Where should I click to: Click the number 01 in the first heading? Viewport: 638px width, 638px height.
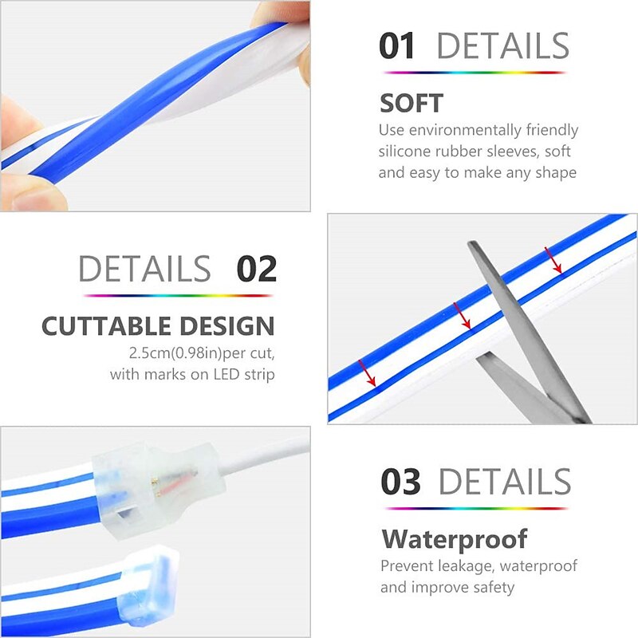(x=396, y=46)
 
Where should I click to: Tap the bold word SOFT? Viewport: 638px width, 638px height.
(x=411, y=104)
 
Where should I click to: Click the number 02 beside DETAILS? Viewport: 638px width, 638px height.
(x=256, y=269)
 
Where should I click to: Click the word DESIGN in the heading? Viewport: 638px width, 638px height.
(x=227, y=326)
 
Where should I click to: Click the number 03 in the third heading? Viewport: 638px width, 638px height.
(x=400, y=482)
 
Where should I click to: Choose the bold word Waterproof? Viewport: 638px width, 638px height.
(x=455, y=540)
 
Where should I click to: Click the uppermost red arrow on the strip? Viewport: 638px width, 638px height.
(x=553, y=260)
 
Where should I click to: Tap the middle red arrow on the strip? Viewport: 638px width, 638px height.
(x=462, y=316)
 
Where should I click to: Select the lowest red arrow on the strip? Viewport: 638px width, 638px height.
(x=367, y=372)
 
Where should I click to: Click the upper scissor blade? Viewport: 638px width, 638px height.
(x=525, y=325)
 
